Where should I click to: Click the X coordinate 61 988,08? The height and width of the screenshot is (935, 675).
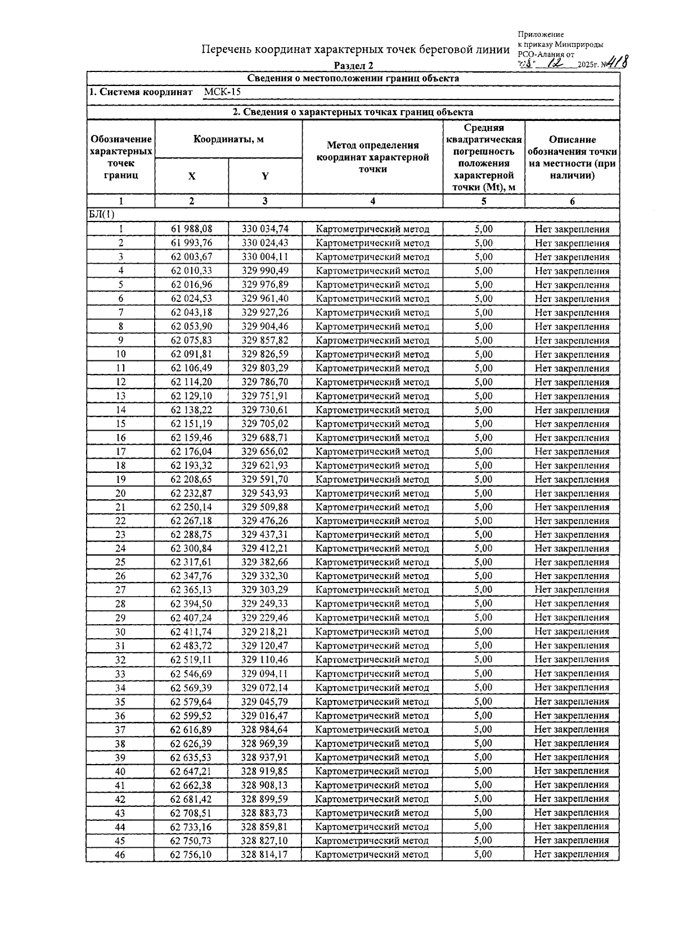coord(191,229)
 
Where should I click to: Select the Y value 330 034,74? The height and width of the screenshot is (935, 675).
coord(265,229)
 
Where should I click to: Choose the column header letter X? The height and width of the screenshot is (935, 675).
coord(192,176)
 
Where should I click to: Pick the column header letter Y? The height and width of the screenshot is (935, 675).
coord(265,176)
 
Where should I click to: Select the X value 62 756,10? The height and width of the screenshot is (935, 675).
coord(191,854)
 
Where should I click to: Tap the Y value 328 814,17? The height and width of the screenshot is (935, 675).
coord(264,854)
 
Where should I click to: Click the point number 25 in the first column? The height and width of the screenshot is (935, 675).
coord(120,562)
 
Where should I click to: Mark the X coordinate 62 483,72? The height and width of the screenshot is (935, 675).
coord(191,645)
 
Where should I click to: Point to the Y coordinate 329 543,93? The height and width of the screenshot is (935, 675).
coord(265,493)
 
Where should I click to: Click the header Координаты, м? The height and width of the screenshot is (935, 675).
coord(228,139)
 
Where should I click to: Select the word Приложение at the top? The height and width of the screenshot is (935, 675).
coord(541,35)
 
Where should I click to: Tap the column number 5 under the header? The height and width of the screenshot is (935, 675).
coord(483,201)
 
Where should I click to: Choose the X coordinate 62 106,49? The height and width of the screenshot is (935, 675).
coord(191,368)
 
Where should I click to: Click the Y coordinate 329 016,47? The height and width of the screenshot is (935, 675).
coord(264,715)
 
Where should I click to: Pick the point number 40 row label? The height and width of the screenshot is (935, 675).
coord(120,771)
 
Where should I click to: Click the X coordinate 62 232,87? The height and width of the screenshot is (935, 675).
coord(191,493)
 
